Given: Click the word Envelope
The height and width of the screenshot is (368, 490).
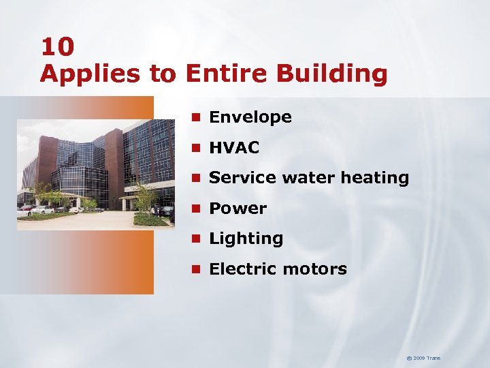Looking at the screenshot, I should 250,117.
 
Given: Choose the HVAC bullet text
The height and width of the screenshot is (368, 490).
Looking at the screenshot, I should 234,147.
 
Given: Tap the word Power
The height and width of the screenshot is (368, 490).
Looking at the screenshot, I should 238,208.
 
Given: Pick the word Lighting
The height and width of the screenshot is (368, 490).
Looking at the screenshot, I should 246,239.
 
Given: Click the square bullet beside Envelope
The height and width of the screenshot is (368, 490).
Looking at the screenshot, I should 196,117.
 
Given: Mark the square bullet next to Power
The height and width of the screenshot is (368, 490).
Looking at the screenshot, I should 196,208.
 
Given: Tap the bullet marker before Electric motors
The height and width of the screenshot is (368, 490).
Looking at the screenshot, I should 196,269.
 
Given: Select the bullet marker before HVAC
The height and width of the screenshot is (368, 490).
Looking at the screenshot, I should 196,148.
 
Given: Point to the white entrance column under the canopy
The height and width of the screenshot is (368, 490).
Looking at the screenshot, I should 124,204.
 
